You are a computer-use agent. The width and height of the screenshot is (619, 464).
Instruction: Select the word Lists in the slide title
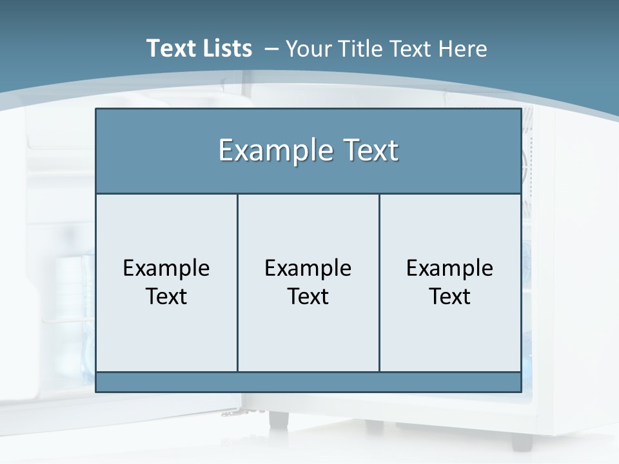point(226,48)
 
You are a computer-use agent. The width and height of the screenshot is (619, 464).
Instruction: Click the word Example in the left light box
point(166,268)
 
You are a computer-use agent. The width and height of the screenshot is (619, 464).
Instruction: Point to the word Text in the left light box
point(166,296)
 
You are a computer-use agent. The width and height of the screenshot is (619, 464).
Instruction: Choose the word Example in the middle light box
point(308,268)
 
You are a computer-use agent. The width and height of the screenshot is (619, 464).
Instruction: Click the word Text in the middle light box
point(308,296)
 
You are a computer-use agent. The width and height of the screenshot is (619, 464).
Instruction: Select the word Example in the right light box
point(450,268)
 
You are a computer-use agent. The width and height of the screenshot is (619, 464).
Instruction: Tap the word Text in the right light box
point(450,296)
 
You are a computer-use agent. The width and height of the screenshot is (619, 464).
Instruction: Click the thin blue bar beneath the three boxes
point(308,382)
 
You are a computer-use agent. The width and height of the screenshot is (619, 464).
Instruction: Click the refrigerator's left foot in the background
point(279,420)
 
